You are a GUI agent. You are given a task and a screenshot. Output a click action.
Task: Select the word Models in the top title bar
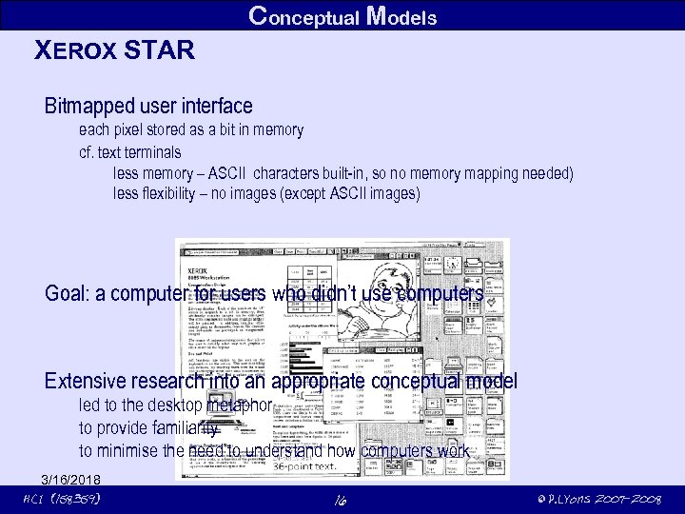coord(401,16)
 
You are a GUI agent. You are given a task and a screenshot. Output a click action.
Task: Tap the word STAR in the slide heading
coord(157,49)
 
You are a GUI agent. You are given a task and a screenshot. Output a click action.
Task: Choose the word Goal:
coord(68,293)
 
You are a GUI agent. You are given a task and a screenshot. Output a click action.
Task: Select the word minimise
coord(132,450)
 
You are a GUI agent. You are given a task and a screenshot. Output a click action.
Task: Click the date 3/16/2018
coord(70,478)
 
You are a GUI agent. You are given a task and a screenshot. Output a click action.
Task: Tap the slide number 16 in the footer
coord(342,500)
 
